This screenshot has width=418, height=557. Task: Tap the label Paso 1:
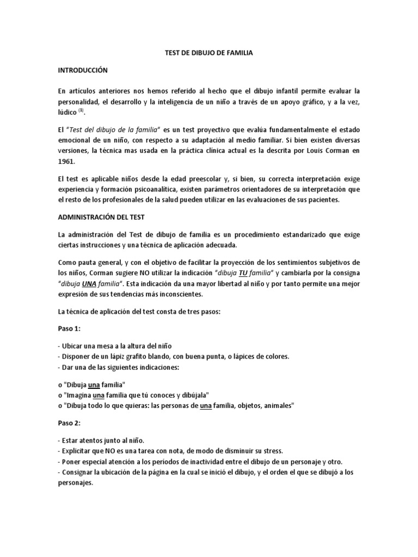[69, 330]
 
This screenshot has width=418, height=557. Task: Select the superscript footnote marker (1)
[81, 110]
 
